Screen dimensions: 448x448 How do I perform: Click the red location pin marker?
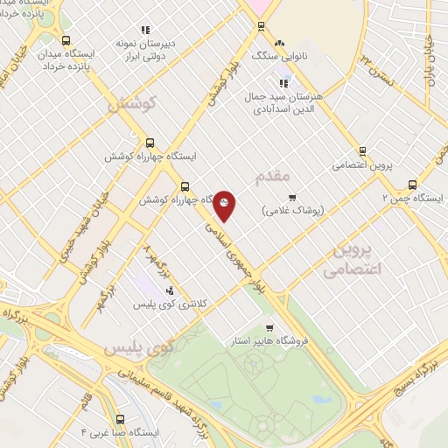[x=225, y=205]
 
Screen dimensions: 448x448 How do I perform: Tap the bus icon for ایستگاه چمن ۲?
[x=412, y=185]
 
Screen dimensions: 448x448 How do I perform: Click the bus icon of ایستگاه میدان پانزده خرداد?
[x=66, y=40]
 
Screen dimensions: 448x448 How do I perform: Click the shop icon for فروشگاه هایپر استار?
[x=278, y=322]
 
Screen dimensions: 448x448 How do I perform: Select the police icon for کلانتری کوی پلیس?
[x=170, y=291]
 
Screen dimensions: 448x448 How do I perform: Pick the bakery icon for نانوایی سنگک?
[x=279, y=44]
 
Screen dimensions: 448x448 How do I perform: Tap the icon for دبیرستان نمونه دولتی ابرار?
[x=146, y=29]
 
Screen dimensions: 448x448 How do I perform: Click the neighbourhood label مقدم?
[x=273, y=178]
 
